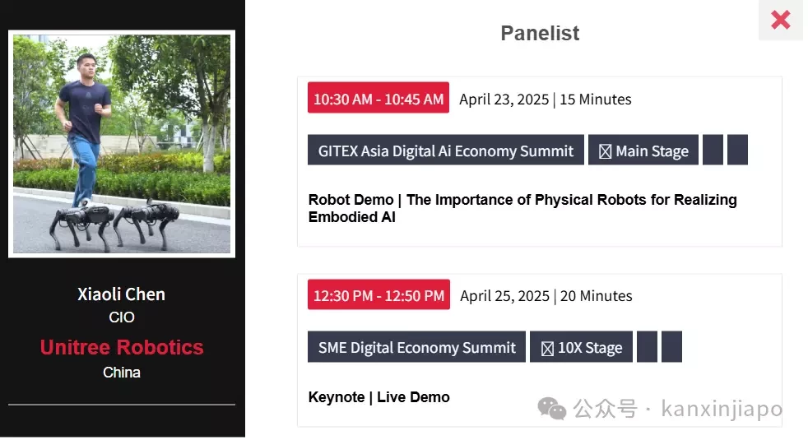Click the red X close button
[780, 20]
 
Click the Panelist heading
[540, 34]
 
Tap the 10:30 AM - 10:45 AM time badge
[378, 97]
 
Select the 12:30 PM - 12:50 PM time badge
[378, 294]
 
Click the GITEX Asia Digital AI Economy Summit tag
[446, 150]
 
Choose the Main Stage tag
[643, 150]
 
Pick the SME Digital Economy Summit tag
[416, 347]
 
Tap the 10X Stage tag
[581, 347]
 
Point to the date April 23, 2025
[504, 100]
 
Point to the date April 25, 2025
[504, 296]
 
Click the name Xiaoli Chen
[122, 294]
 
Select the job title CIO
[122, 317]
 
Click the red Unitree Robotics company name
[122, 347]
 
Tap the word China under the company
[122, 372]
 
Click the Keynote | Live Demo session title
[378, 397]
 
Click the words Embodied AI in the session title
[352, 217]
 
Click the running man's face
[87, 67]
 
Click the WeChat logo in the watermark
[552, 409]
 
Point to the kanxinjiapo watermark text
[722, 409]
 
